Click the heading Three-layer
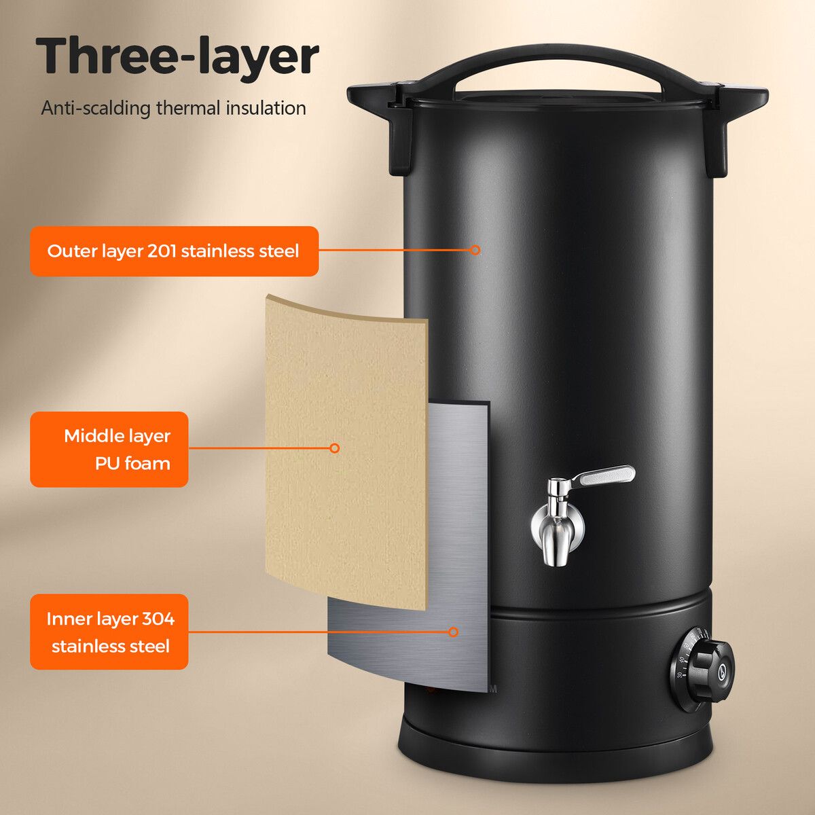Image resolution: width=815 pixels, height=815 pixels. click(x=177, y=57)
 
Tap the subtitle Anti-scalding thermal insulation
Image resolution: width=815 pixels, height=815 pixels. click(x=173, y=108)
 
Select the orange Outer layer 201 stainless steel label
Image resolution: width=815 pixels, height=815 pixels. click(x=174, y=251)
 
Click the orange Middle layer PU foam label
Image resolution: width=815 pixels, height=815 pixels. click(x=109, y=450)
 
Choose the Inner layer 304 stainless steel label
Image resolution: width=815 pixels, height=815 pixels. click(x=109, y=632)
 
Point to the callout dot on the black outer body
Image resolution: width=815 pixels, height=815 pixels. click(x=475, y=250)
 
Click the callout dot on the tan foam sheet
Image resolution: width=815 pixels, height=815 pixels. click(x=334, y=448)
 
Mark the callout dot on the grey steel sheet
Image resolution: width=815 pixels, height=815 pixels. click(x=453, y=632)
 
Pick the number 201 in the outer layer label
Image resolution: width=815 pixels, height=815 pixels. click(x=162, y=251)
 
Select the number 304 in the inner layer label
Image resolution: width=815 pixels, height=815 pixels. click(x=158, y=619)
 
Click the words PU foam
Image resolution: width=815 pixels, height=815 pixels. click(x=132, y=464)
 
